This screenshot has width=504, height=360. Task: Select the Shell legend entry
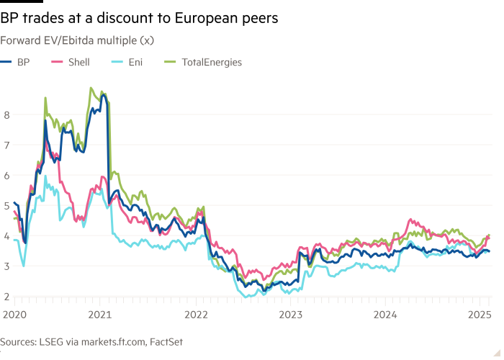(x=78, y=63)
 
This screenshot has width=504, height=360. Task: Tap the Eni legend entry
(x=135, y=63)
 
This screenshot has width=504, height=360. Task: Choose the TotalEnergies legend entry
(x=211, y=63)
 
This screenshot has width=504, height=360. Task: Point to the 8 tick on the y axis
(x=6, y=114)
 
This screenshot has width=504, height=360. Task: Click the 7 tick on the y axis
(x=6, y=144)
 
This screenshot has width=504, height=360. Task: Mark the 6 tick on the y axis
(x=6, y=174)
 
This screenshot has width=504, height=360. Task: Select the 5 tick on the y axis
(x=6, y=205)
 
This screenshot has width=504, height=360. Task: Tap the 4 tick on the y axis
(x=6, y=235)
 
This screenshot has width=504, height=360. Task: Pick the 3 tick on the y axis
(x=6, y=266)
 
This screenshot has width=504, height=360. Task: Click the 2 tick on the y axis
(x=6, y=296)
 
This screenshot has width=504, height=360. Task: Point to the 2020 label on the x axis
(x=13, y=314)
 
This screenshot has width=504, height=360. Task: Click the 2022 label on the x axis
(x=196, y=314)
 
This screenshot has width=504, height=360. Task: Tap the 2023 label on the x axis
(x=290, y=314)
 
